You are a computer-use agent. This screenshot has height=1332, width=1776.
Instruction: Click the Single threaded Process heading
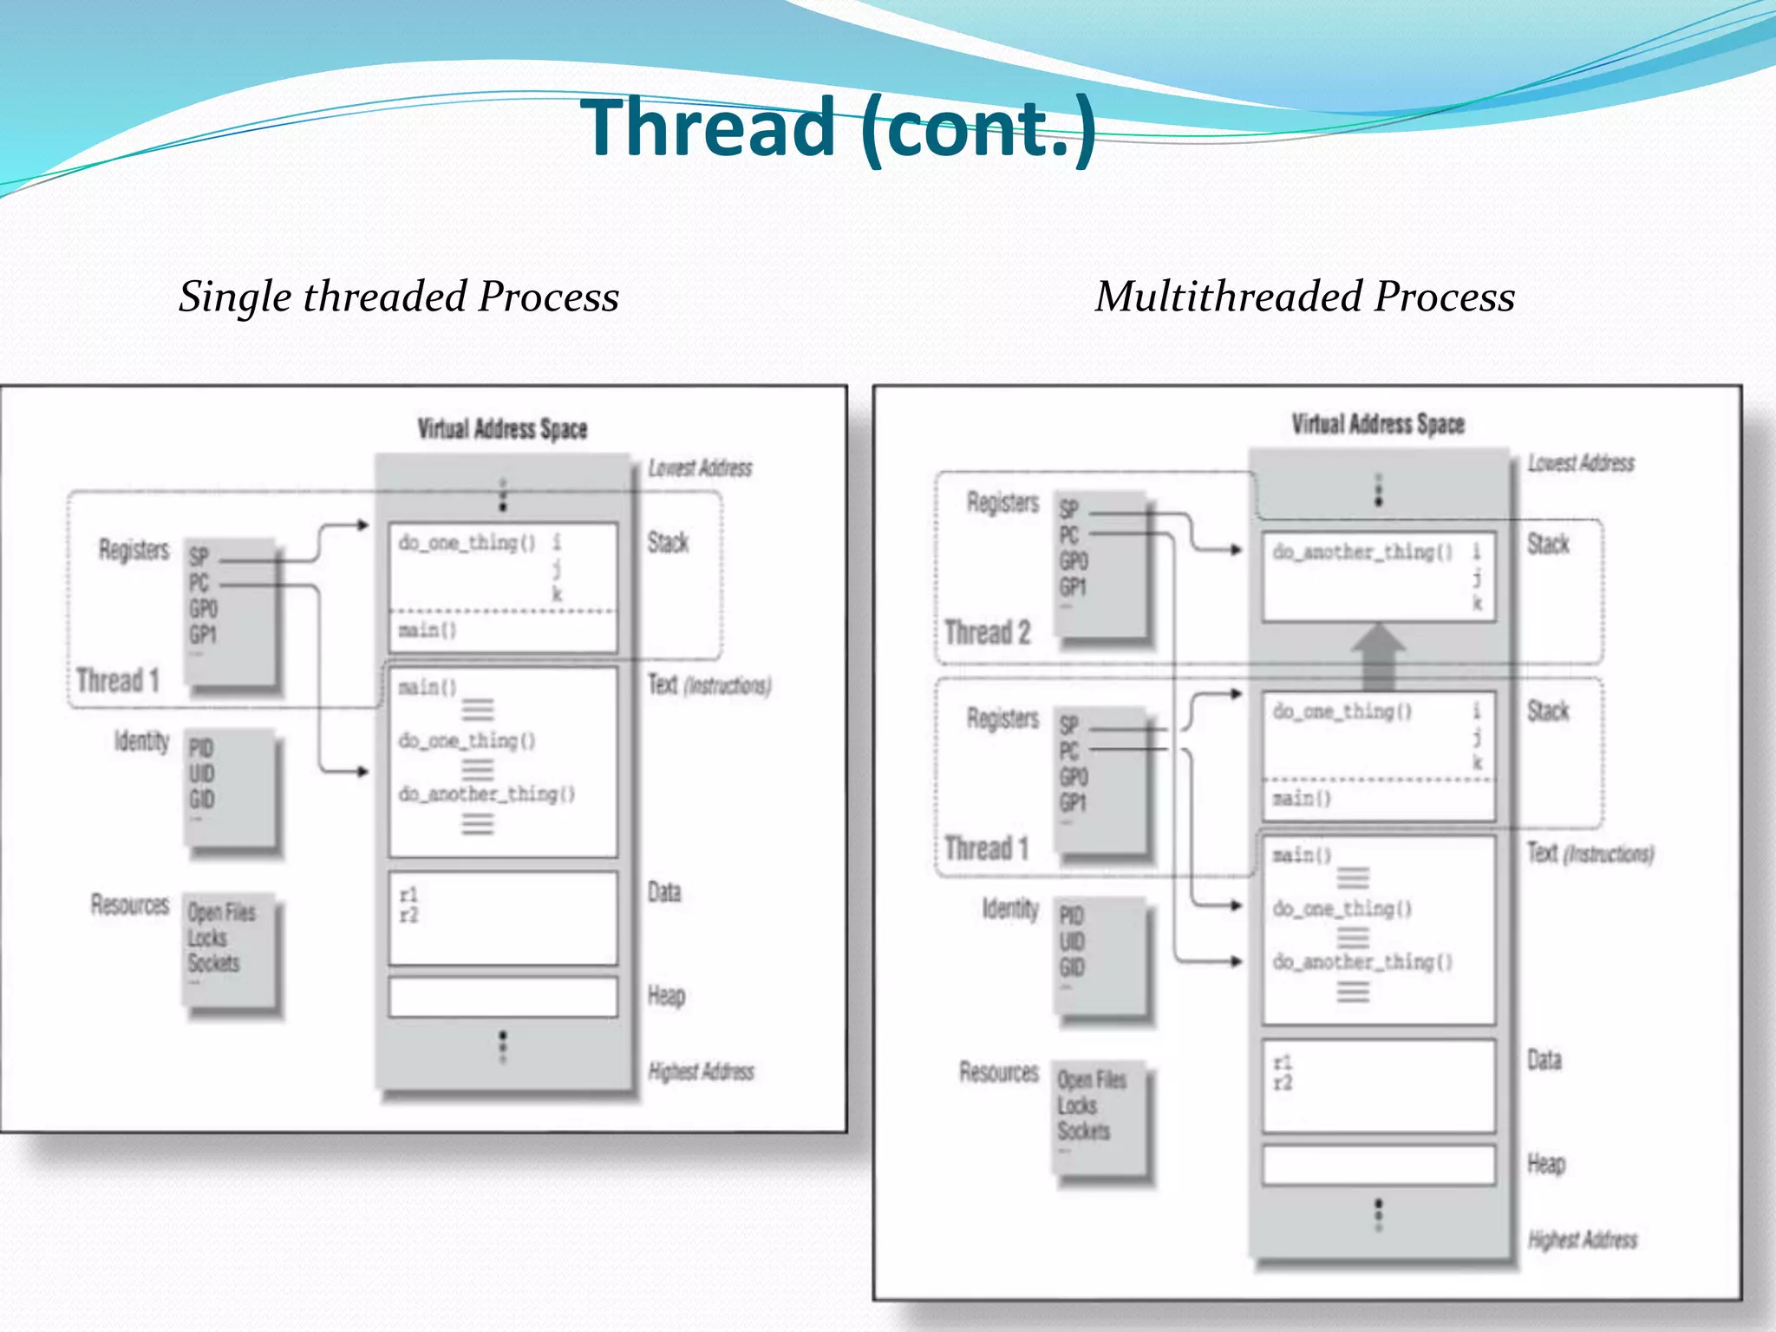(399, 297)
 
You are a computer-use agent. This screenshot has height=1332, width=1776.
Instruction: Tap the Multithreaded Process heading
(1304, 297)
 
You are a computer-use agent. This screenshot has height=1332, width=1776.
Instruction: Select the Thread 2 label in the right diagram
(987, 632)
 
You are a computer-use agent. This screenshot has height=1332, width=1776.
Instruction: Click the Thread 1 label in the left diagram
(117, 680)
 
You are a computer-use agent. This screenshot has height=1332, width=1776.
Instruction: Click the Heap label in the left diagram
(666, 996)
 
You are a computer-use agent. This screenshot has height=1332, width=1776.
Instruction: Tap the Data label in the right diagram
(1544, 1060)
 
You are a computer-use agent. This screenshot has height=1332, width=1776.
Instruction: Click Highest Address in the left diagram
(701, 1072)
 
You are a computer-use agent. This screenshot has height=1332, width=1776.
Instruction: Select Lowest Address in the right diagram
(1580, 463)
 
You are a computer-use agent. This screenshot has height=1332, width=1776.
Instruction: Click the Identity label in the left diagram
(141, 741)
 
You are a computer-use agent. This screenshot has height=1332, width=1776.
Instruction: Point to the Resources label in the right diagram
(998, 1072)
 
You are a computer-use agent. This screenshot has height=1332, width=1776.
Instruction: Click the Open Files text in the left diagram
(222, 912)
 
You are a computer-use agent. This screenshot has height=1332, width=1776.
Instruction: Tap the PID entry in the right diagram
(1071, 916)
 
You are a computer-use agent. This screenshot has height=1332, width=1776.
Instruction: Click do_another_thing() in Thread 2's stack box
(1362, 552)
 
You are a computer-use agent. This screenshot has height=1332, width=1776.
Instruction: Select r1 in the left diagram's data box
(408, 894)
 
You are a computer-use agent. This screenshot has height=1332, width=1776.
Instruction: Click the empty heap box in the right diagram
(1378, 1165)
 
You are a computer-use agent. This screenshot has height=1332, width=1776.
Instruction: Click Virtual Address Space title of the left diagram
(502, 428)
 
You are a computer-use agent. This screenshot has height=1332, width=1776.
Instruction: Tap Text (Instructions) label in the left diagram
(708, 685)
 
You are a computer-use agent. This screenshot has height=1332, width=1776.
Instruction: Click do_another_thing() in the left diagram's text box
(486, 793)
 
